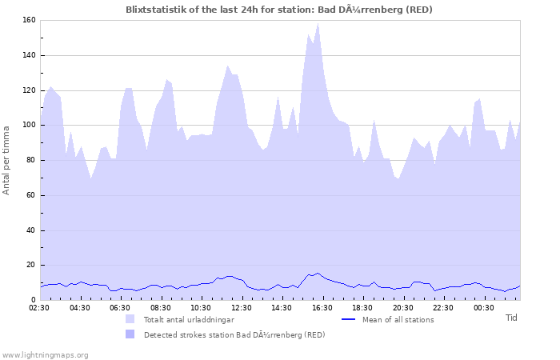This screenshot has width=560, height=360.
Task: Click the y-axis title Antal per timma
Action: pyautogui.click(x=6, y=159)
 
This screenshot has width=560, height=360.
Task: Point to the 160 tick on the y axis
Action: pyautogui.click(x=29, y=21)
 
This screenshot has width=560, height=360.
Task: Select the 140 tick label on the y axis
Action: pyautogui.click(x=29, y=56)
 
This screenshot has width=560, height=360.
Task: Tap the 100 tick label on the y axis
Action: pyautogui.click(x=29, y=126)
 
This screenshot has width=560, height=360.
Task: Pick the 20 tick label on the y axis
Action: pyautogui.click(x=31, y=265)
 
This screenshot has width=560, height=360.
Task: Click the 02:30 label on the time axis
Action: pyautogui.click(x=40, y=307)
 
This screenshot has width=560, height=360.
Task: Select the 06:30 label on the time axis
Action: pyautogui.click(x=120, y=307)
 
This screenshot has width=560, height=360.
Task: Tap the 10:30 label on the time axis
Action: pyautogui.click(x=201, y=307)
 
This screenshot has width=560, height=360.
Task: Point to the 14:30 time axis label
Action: pyautogui.click(x=282, y=307)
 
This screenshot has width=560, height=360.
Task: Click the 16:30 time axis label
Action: pyautogui.click(x=322, y=307)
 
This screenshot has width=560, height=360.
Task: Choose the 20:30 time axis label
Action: pyautogui.click(x=402, y=307)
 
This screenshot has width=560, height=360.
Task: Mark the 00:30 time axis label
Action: pyautogui.click(x=483, y=307)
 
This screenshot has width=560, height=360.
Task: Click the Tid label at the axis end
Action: pyautogui.click(x=511, y=318)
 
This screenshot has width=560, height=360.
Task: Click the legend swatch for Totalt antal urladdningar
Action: pyautogui.click(x=130, y=319)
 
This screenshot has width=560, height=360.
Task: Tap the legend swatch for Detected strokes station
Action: pyautogui.click(x=130, y=334)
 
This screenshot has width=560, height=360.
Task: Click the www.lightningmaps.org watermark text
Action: pyautogui.click(x=45, y=354)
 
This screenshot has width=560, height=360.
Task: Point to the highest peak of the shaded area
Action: pyautogui.click(x=318, y=23)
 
